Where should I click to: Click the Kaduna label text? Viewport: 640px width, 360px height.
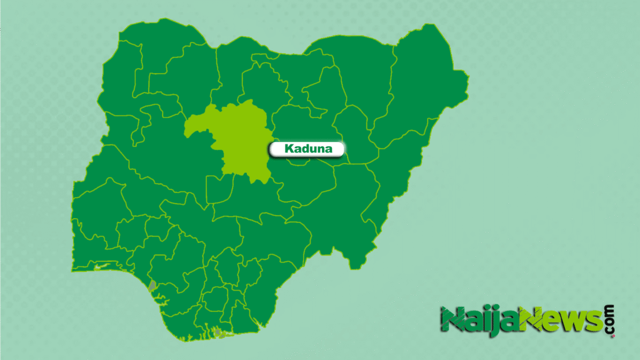click(x=306, y=149)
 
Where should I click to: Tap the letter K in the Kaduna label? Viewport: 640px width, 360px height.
click(x=288, y=149)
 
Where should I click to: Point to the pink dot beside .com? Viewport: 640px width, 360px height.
click(x=612, y=336)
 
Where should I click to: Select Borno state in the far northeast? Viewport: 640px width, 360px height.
click(x=425, y=81)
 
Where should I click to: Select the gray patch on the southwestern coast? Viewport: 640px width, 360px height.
click(x=153, y=286)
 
